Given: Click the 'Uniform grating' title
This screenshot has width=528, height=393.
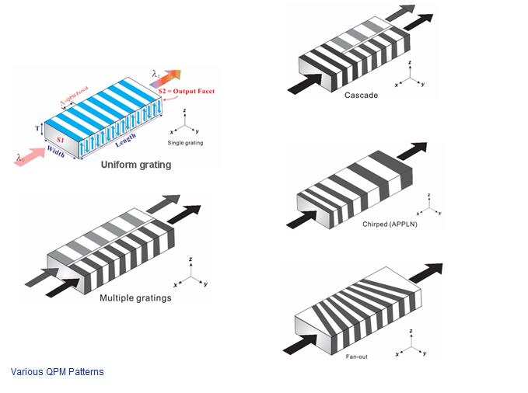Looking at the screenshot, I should click(x=135, y=165).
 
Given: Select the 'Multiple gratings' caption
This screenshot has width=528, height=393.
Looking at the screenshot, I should click(x=135, y=297).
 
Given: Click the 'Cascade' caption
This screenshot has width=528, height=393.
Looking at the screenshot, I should click(x=361, y=95).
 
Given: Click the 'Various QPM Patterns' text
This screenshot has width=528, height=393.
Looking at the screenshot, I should click(x=57, y=371).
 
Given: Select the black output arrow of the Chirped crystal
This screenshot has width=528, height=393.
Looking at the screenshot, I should click(x=416, y=149).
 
